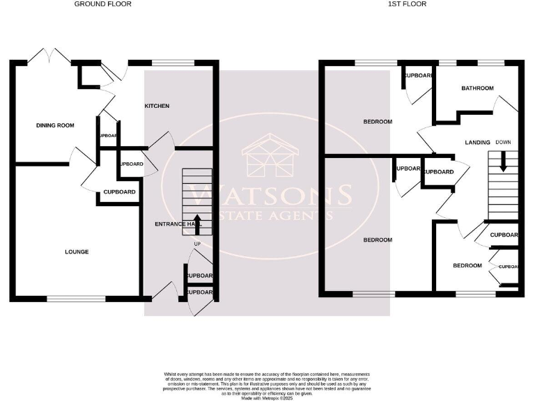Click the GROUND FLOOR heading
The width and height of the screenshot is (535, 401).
pos(102,4)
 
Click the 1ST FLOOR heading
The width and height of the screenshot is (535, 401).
pos(408,4)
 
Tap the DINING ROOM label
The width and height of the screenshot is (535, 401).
pos(55,125)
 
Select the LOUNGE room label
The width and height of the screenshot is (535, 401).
pos(76,251)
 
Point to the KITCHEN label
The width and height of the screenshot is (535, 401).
pos(157,106)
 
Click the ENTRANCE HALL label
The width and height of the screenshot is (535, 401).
pos(179,224)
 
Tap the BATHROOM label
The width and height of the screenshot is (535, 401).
pos(478,88)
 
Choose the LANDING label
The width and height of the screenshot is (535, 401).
pos(477,142)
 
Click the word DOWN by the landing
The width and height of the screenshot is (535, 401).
pos(504,142)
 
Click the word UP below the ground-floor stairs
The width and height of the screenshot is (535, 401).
pos(196,244)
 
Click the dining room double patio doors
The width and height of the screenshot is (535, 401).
pos(50,57)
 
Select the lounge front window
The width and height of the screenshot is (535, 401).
pos(76,299)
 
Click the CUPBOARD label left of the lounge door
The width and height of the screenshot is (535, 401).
pos(119,192)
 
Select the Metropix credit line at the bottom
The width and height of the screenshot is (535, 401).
pos(267,398)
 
